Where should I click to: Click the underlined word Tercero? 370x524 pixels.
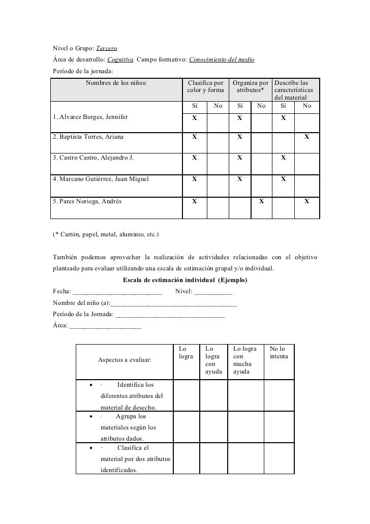click(107, 48)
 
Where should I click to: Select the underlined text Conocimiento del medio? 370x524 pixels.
click(222, 60)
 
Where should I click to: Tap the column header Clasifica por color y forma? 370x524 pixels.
click(205, 86)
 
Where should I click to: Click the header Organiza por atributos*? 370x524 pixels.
click(251, 86)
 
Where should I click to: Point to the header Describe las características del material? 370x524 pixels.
click(294, 90)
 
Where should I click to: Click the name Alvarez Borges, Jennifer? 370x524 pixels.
click(90, 117)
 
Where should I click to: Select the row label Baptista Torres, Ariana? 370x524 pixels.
click(88, 137)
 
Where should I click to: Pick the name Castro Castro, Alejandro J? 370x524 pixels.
click(93, 158)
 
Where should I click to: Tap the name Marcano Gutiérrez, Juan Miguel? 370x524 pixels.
click(101, 179)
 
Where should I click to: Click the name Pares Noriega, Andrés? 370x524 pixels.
click(87, 201)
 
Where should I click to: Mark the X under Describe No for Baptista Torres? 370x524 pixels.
click(306, 137)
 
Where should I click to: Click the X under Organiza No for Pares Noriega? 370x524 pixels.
click(261, 201)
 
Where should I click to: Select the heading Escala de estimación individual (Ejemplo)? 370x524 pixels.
click(186, 280)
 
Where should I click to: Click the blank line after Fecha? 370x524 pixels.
click(117, 292)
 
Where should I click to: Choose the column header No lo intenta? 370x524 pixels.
click(278, 353)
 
